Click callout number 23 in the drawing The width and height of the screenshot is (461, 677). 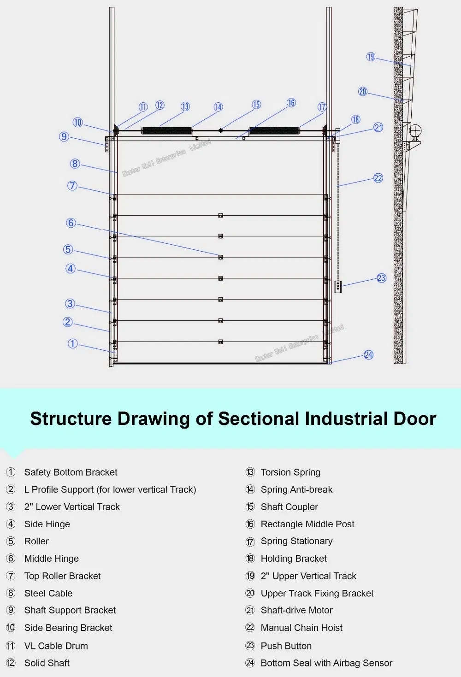pos(381,278)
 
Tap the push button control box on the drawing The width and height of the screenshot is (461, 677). pos(338,287)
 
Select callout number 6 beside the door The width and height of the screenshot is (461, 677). pos(71,223)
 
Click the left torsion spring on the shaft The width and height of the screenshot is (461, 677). pos(166,130)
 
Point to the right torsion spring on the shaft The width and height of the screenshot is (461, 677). pos(274,130)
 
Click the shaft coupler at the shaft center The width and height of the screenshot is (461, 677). pos(220,130)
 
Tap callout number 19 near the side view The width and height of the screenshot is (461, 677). pos(371,57)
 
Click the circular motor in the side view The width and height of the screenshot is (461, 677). pos(415,130)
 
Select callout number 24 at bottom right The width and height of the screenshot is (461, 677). pos(368,355)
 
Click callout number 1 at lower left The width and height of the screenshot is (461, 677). pos(72,344)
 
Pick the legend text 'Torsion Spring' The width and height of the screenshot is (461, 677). pos(290,472)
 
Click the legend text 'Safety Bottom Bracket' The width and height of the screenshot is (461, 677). pos(71,472)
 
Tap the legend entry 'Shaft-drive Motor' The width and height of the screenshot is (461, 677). pos(296,610)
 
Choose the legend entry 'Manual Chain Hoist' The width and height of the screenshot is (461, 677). pos(301,628)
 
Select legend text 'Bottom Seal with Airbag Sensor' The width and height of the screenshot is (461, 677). pos(326,663)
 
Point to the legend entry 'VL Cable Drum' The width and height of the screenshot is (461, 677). pos(56,646)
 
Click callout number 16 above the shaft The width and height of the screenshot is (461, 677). pos(291,103)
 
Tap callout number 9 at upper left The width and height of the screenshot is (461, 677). pos(64,137)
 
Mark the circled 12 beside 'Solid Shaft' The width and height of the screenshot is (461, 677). pos(11,663)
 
